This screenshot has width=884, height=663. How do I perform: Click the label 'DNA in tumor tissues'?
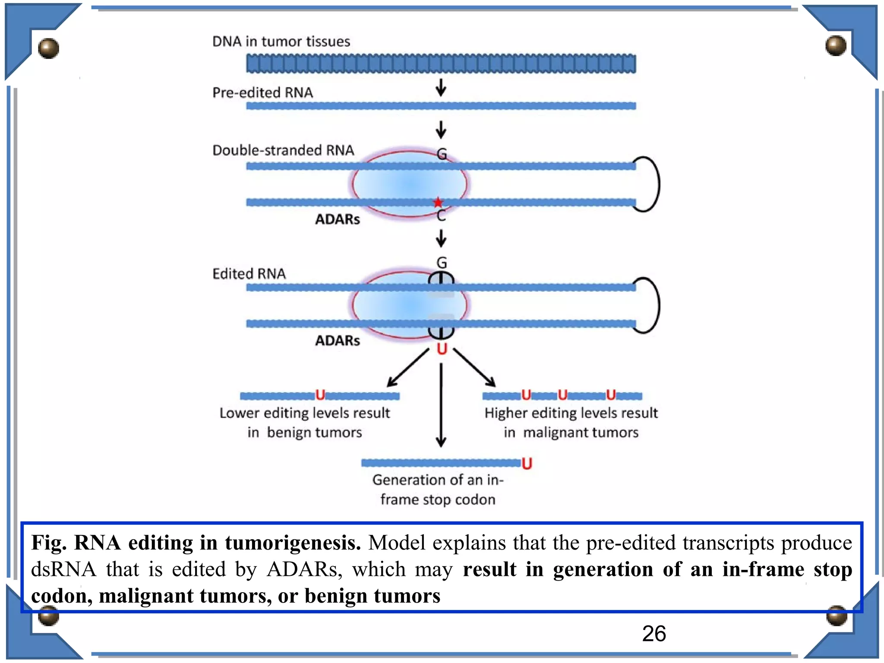[x=281, y=41]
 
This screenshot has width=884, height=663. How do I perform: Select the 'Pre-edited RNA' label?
[x=262, y=92]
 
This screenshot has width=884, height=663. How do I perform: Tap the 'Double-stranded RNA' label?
[x=283, y=150]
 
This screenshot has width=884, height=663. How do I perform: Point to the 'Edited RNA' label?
[x=249, y=274]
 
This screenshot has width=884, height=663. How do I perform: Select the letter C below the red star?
[x=441, y=216]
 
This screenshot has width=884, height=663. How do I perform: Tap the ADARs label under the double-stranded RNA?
[x=338, y=219]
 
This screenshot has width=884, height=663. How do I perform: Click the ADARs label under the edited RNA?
[x=338, y=341]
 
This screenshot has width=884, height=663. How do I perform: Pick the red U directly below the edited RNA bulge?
[x=442, y=349]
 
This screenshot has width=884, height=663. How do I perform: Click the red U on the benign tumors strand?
[x=320, y=395]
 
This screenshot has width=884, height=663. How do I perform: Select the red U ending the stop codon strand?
[x=527, y=464]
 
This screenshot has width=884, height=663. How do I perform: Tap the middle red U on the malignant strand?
[x=562, y=395]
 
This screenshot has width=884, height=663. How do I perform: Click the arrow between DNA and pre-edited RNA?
[x=441, y=87]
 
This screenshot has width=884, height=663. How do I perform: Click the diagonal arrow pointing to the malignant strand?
[x=474, y=368]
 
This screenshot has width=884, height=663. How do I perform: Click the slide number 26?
[x=654, y=634]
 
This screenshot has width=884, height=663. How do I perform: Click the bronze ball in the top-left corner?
[x=48, y=48]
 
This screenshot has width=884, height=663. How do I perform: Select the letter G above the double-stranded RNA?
[x=442, y=154]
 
